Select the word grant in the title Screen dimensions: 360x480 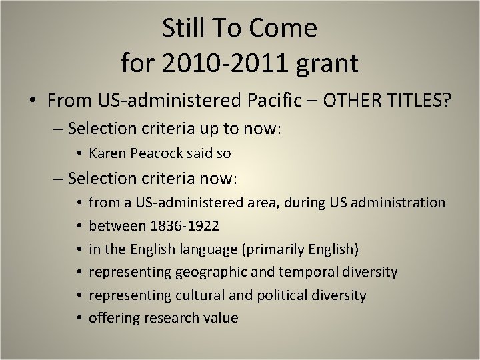click(327, 63)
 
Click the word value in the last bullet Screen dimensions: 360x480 click(220, 318)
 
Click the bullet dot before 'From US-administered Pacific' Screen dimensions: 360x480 click(33, 101)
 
